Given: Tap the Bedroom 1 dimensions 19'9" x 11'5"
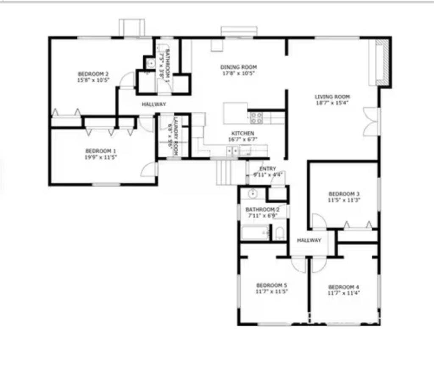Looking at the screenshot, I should click(100, 157).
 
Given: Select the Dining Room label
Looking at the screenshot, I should click(238, 67).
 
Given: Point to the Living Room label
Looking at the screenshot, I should click(332, 97).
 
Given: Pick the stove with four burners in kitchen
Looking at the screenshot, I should click(257, 117).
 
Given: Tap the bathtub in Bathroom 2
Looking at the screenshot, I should click(255, 233).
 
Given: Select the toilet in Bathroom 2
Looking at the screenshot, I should click(279, 233).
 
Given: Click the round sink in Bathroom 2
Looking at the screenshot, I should click(252, 194).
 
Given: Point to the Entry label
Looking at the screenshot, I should click(267, 169).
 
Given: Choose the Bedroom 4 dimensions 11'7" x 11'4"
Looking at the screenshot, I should click(344, 293).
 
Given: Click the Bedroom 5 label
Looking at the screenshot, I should click(271, 285).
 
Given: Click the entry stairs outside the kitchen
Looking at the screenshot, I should click(225, 172).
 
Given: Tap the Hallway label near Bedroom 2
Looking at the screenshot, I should click(153, 104).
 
